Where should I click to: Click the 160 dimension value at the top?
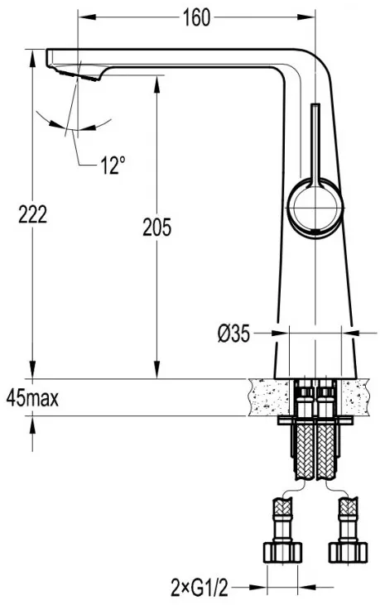(x=196, y=17)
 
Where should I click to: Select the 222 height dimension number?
(x=33, y=214)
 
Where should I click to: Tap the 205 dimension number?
(x=156, y=227)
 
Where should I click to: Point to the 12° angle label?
(x=113, y=166)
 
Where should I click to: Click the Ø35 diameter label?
(x=233, y=334)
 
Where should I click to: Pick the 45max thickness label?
(x=33, y=398)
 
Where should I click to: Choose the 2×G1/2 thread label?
(x=200, y=588)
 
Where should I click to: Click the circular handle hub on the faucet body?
(x=315, y=208)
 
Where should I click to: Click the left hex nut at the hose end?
(x=282, y=553)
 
